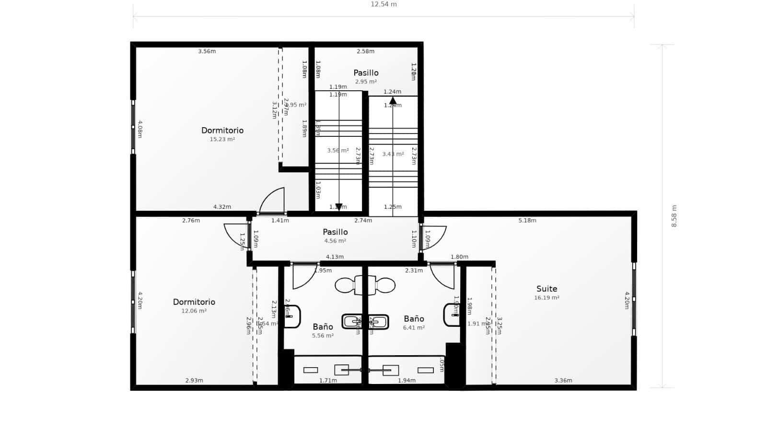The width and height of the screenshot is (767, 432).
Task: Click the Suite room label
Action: (x=546, y=289)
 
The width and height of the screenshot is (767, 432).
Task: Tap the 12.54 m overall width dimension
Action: (x=383, y=4)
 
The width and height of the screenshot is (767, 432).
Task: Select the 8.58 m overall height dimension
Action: (x=674, y=216)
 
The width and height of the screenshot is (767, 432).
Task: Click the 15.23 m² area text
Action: (x=222, y=140)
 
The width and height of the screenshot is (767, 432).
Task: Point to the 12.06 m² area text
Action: (x=194, y=311)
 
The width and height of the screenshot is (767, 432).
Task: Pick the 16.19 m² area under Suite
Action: (x=546, y=298)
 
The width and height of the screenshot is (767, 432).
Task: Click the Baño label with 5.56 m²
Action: (x=323, y=327)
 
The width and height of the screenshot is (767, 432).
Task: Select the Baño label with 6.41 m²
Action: (x=414, y=319)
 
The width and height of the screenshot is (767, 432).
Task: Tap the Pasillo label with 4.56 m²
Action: (x=335, y=232)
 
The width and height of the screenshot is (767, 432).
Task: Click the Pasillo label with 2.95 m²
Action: (x=366, y=73)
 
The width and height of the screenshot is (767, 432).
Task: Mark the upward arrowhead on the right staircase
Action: (x=393, y=101)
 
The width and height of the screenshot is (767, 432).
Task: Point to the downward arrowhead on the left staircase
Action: (x=339, y=207)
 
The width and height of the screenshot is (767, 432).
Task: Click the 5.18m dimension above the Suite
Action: (x=527, y=221)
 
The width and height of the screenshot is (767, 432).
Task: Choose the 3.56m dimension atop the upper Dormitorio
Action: (x=207, y=51)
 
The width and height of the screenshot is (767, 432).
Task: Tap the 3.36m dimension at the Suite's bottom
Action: (x=563, y=381)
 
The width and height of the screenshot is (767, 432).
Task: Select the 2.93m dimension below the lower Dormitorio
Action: (x=194, y=381)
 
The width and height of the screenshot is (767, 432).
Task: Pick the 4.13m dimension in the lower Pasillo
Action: (x=335, y=257)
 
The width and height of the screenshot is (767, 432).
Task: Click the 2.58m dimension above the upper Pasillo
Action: (x=365, y=51)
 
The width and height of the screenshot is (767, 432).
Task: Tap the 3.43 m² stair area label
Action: (x=393, y=154)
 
